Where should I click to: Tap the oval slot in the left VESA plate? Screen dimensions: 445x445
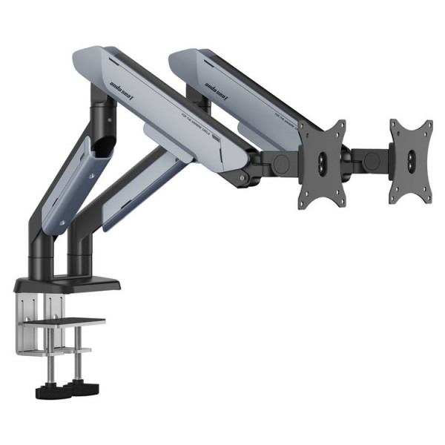click(x=323, y=161)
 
